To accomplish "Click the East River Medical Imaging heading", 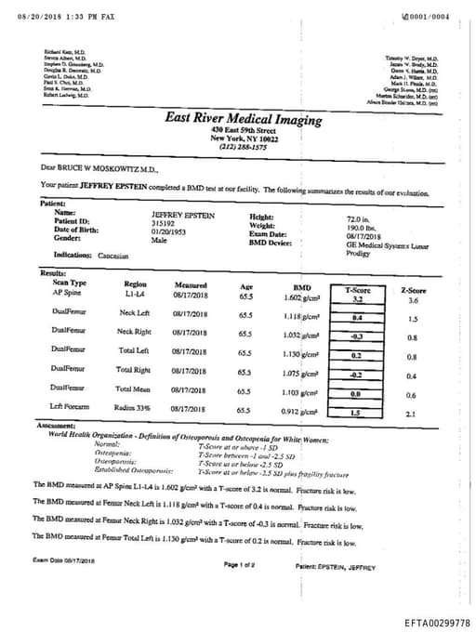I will [243, 120].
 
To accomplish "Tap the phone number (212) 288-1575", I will [243, 147].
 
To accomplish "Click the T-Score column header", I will [357, 290].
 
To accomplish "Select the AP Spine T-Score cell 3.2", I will [357, 300].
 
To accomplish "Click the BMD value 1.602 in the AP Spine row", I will [305, 296].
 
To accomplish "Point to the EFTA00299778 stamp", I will [437, 623].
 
